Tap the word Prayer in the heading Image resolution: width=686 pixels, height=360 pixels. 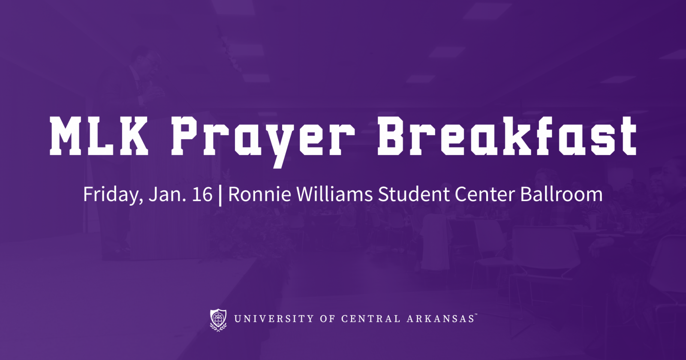(x=263, y=142)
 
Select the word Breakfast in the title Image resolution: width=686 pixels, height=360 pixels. (x=507, y=135)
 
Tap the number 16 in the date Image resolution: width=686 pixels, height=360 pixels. (x=202, y=194)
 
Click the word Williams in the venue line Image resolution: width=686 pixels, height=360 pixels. (x=334, y=194)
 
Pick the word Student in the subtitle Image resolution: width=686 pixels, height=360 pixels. (x=414, y=194)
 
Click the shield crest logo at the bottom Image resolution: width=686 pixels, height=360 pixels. (x=218, y=320)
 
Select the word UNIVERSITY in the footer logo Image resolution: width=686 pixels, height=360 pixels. (x=274, y=319)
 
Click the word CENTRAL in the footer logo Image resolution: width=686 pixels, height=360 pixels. (x=371, y=319)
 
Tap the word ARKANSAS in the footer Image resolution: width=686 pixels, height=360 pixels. (x=440, y=319)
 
